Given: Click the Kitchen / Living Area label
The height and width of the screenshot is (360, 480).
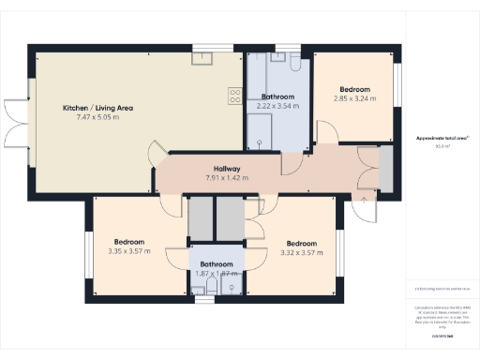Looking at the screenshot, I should (x=97, y=109).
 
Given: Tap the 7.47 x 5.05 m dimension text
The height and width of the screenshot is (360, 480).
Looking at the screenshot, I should (x=97, y=119).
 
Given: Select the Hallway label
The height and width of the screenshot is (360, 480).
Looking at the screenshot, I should (x=226, y=170).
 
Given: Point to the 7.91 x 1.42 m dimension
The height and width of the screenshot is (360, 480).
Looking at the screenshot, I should (x=226, y=178).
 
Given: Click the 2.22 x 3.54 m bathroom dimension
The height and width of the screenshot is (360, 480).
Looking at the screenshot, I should (x=277, y=106).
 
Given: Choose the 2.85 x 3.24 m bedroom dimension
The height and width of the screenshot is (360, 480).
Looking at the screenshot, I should (x=354, y=97).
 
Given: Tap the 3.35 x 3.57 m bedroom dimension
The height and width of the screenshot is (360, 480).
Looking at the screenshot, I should (x=128, y=250).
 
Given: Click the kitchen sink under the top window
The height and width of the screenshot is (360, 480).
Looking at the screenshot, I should (x=202, y=58).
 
